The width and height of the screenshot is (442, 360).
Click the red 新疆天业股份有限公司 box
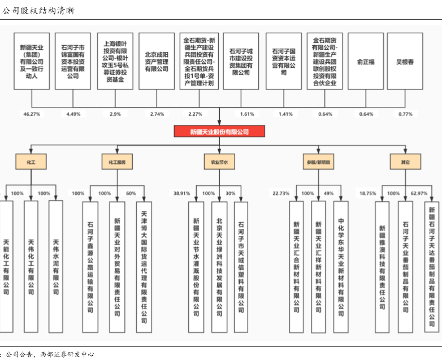[219, 132]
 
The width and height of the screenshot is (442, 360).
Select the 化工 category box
[31, 162]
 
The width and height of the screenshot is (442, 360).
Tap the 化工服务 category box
[118, 162]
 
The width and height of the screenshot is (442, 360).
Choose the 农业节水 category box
[219, 162]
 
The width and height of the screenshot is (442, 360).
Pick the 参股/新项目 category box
[318, 162]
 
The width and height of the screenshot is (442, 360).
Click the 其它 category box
[405, 162]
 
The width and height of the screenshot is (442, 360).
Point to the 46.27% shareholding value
[32, 114]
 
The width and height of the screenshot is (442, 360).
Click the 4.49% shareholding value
[74, 114]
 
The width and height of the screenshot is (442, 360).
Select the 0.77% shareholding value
[405, 114]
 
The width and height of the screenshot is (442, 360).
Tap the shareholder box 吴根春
[405, 62]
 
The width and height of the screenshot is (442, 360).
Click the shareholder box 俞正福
[366, 62]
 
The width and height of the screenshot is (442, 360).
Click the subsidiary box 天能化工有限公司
[6, 266]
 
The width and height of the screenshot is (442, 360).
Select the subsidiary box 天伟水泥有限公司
[55, 266]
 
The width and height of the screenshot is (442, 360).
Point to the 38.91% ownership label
[181, 193]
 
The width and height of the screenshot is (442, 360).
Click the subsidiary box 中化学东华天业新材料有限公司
[340, 266]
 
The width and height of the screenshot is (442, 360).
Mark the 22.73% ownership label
[281, 193]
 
